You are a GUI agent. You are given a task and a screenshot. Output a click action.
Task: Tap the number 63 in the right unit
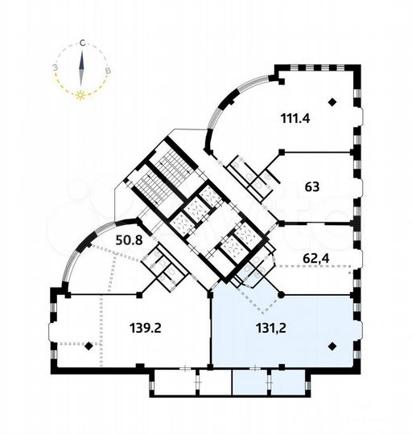click(312, 186)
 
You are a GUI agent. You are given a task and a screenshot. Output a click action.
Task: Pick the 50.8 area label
click(112, 239)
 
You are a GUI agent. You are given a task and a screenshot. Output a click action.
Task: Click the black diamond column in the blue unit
click(332, 346)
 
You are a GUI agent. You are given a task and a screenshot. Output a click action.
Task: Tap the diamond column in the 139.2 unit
click(89, 346)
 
